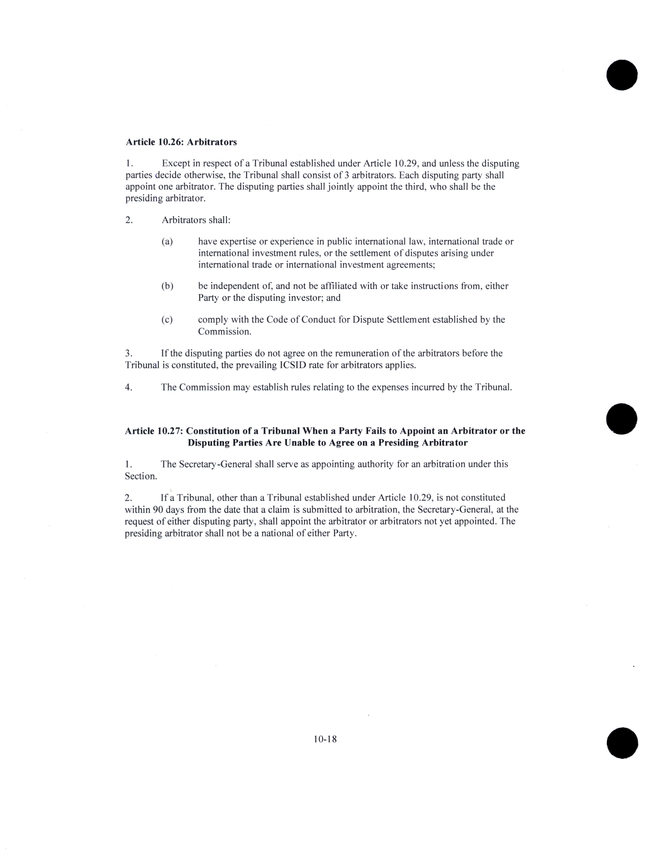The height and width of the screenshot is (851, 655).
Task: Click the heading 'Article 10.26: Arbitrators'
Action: [181, 142]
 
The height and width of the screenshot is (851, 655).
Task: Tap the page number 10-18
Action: [325, 739]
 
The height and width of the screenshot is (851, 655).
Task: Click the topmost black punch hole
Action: [621, 75]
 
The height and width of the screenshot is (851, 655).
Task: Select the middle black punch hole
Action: [621, 419]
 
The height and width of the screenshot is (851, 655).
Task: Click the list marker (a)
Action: [167, 242]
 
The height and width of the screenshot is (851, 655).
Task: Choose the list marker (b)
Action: [167, 286]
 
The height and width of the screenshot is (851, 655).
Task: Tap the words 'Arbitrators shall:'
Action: [196, 220]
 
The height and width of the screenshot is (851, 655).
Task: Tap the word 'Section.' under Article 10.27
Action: [141, 476]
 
